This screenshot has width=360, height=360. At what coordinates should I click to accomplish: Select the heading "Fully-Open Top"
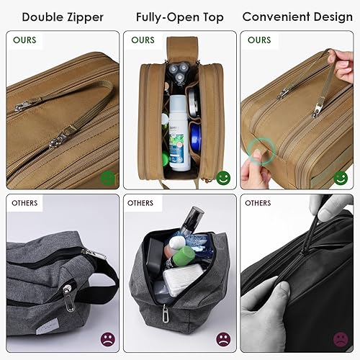click(179, 15)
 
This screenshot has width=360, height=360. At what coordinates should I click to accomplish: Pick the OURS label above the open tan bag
click(143, 40)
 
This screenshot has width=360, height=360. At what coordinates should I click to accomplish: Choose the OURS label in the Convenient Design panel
click(259, 40)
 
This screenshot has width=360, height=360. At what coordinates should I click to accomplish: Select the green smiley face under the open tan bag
click(222, 177)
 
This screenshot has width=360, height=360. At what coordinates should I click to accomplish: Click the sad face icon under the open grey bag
click(222, 339)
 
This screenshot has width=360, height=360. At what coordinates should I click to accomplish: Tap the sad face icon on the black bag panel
click(339, 339)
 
